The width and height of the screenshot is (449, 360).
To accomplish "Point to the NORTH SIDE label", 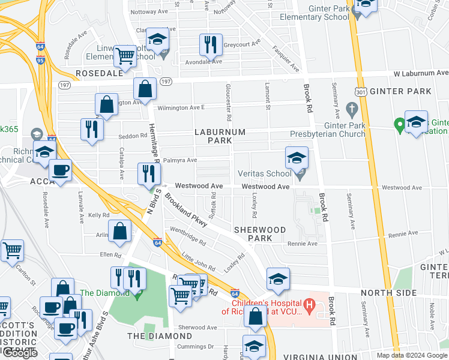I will tap(388, 292).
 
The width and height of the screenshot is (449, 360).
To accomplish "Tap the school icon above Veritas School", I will tap(297, 158).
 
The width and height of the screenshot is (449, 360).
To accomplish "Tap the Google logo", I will tap(20, 353).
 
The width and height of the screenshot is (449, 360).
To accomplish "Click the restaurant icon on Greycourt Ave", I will tap(211, 44).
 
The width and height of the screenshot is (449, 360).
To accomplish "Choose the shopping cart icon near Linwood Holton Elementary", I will tap(125, 56).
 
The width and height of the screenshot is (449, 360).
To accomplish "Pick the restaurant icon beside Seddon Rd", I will tap(92, 130).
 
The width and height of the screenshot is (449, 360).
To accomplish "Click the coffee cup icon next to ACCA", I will tap(60, 170).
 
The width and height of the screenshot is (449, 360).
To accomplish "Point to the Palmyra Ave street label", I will tap(182, 160).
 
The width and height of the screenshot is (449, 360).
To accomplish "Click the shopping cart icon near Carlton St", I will tap(12, 250).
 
